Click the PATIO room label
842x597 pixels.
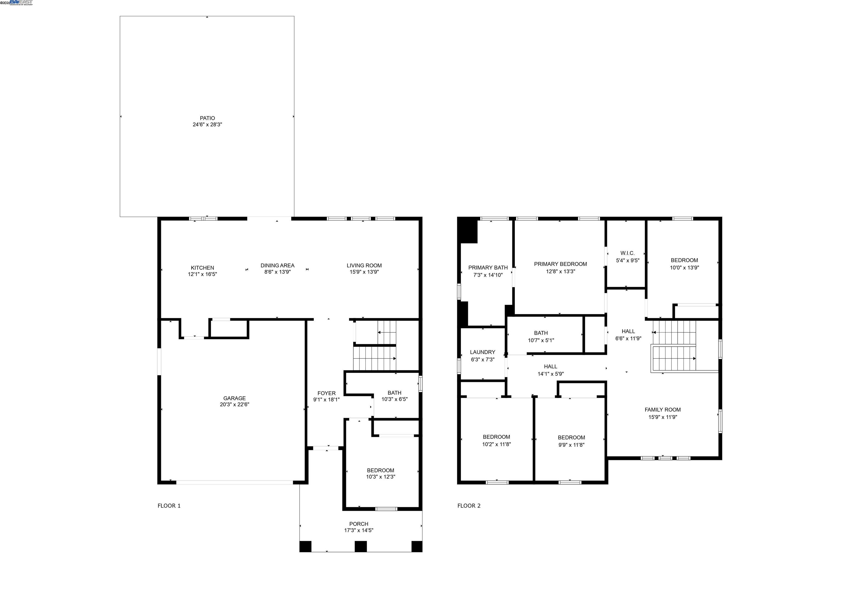pos(207,118)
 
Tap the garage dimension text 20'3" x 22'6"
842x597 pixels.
pos(234,404)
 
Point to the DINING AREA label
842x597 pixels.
pos(277,265)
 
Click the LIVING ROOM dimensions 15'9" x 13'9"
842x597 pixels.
pos(364,272)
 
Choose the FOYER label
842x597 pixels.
pos(326,393)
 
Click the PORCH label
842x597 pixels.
pos(359,524)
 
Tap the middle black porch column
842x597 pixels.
pos(360,546)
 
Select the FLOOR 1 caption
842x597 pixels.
pos(169,506)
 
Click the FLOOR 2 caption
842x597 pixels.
pos(469,506)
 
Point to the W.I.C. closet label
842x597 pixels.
pos(627,253)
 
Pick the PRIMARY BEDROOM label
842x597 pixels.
pos(560,264)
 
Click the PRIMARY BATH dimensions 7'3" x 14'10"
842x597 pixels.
pos(488,275)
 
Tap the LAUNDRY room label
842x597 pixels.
pos(482,352)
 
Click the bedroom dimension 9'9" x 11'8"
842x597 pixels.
pos(571,445)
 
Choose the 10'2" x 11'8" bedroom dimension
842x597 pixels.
pos(496,444)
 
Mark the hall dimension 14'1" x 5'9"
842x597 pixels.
pos(550,374)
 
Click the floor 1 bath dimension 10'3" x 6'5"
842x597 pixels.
pos(394,399)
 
